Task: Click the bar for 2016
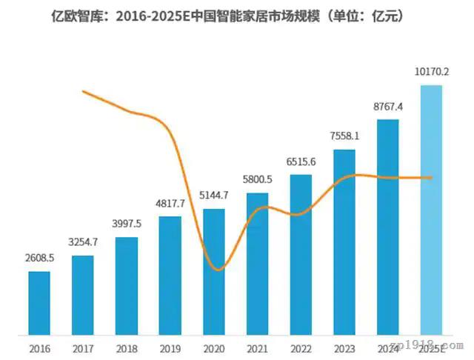39,302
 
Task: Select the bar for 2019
170,274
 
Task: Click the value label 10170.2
431,73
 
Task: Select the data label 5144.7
214,196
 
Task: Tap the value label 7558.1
344,136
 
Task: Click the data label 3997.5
127,224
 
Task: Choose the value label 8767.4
388,107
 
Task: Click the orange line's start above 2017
83,91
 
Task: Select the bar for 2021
257,263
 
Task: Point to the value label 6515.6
301,162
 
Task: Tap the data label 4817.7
170,204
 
